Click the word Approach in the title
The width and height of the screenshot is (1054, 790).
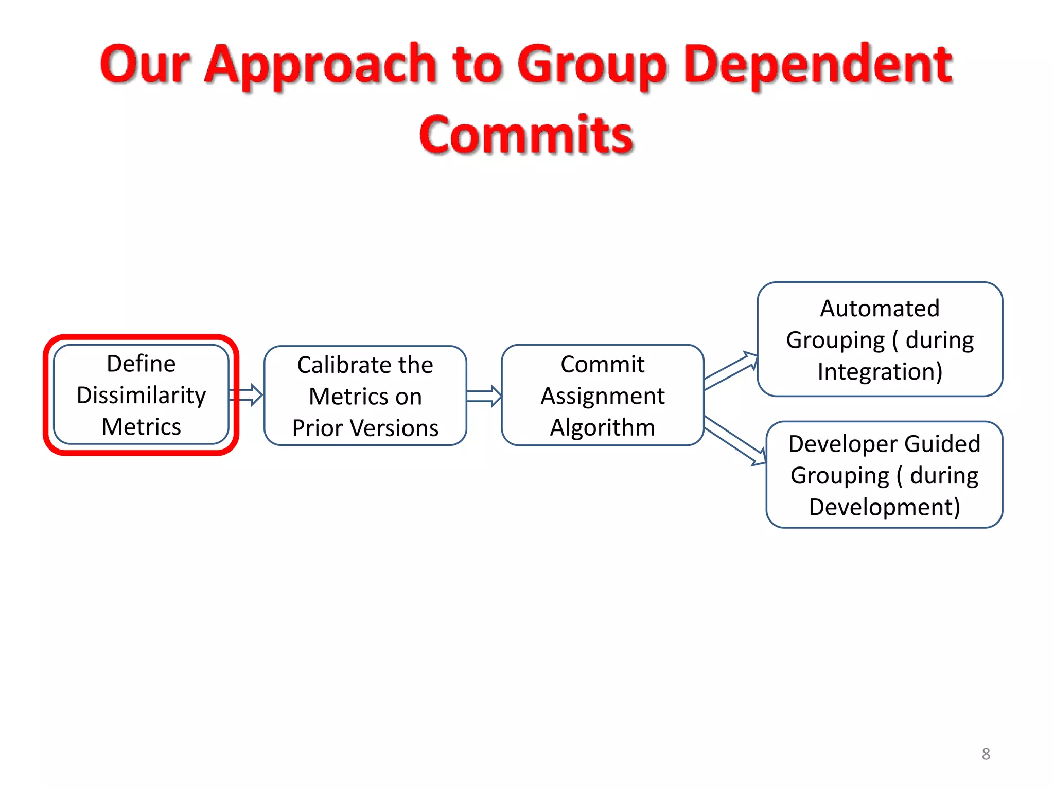(x=321, y=66)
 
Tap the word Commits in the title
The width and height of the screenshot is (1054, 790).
(x=526, y=135)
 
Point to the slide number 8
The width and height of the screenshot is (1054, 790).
(x=986, y=754)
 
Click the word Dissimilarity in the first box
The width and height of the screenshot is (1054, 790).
(x=141, y=396)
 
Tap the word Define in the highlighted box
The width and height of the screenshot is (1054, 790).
(x=141, y=364)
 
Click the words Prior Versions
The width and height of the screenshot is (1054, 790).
(x=365, y=428)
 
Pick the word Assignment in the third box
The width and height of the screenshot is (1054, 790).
(x=602, y=396)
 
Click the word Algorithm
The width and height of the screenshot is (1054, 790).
(x=602, y=427)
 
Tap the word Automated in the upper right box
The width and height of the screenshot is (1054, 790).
(x=880, y=309)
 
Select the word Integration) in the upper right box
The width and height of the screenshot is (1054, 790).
(x=880, y=371)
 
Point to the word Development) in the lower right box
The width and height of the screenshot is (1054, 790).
(x=884, y=507)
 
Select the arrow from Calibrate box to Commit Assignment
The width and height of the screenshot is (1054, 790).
(x=484, y=396)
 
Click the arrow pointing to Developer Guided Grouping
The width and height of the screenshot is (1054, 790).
(x=735, y=440)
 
